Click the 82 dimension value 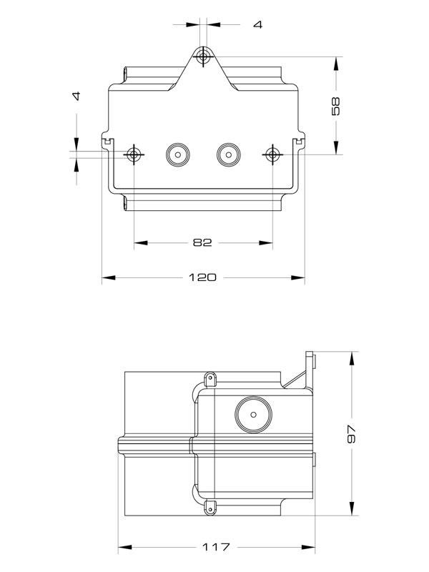(x=202, y=242)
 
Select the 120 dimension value (x=202, y=277)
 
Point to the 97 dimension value (x=350, y=434)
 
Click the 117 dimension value (x=215, y=547)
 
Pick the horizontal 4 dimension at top (x=257, y=24)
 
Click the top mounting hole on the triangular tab (x=204, y=56)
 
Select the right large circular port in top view (x=228, y=154)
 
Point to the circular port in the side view (x=250, y=413)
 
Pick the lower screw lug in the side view (x=211, y=507)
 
